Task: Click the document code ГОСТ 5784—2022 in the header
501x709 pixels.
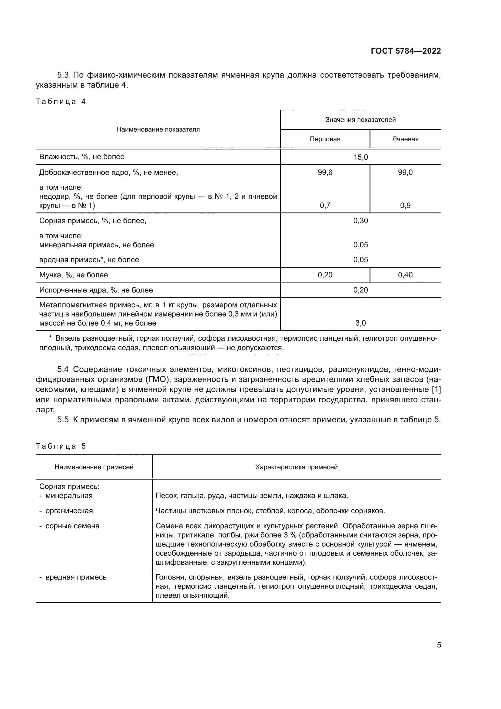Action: click(x=406, y=51)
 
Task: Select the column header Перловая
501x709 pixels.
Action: click(x=325, y=139)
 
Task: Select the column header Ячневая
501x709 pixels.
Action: click(x=405, y=139)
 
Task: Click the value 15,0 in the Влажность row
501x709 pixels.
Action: click(x=360, y=157)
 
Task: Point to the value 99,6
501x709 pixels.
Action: click(x=325, y=172)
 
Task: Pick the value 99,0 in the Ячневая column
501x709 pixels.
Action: click(x=405, y=172)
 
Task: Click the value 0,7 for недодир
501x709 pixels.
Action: click(x=325, y=205)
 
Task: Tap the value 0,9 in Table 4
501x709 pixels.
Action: click(x=405, y=205)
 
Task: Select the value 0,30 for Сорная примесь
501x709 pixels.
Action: click(x=360, y=220)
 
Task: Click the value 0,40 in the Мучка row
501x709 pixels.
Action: click(x=405, y=275)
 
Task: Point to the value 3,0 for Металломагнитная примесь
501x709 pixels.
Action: click(x=360, y=323)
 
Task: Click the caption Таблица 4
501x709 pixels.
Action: click(x=61, y=102)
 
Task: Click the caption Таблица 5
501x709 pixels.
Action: click(x=61, y=446)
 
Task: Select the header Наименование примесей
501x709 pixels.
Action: click(x=94, y=467)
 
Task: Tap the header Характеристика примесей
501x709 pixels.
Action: click(x=296, y=467)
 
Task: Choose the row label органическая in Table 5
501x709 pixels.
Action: click(x=69, y=511)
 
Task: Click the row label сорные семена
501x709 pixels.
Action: click(x=72, y=526)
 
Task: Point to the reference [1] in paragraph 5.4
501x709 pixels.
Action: click(x=436, y=390)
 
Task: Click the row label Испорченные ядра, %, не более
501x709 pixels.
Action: click(x=96, y=290)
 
